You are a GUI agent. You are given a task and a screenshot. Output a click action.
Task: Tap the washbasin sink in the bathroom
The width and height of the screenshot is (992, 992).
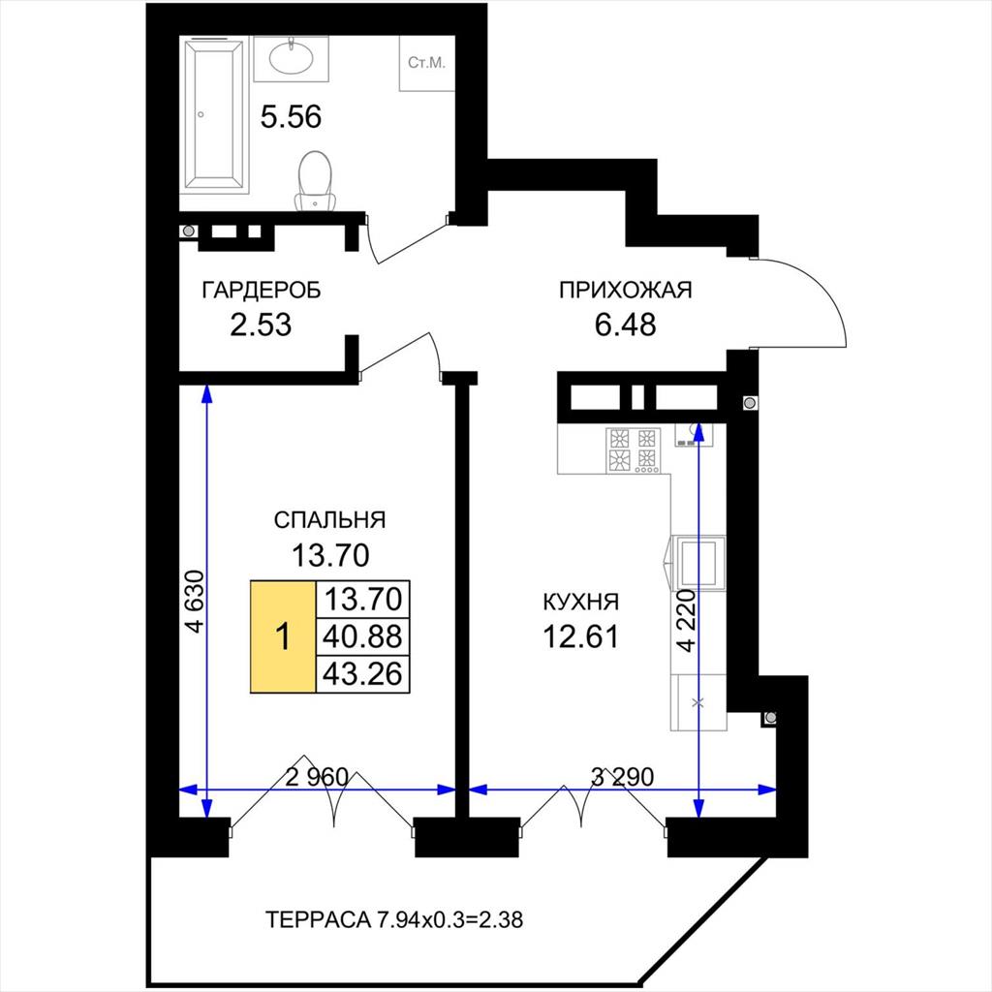point(291,59)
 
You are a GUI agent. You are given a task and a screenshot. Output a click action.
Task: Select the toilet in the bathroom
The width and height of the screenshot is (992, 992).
point(316,179)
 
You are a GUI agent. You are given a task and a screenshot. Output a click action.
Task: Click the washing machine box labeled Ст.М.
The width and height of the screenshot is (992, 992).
point(427,63)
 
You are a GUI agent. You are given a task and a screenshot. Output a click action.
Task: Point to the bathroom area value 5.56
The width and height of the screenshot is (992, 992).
point(291,117)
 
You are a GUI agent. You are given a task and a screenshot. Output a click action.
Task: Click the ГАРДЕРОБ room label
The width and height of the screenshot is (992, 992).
point(262,290)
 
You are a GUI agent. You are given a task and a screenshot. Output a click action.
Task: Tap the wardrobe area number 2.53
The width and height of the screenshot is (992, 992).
point(261,325)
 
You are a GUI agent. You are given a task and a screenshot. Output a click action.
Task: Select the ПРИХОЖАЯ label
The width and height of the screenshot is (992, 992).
point(625,290)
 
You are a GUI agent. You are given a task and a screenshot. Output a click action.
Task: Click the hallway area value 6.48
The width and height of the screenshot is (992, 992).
point(625,325)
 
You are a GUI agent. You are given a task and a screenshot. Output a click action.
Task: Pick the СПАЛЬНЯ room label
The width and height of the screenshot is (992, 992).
point(329,519)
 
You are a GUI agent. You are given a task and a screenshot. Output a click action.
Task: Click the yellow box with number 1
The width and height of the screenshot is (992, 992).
point(283,636)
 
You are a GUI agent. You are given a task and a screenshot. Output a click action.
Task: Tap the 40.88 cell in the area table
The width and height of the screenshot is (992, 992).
point(362,636)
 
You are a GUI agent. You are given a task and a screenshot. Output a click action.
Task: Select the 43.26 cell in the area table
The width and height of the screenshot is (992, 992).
point(362,674)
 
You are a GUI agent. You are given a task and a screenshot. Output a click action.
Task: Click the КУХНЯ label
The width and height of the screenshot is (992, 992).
point(581,602)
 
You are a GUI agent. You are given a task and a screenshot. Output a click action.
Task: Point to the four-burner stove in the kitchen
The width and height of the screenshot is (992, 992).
point(634,450)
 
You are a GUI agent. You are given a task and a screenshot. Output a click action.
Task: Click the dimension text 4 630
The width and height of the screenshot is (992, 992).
point(196,602)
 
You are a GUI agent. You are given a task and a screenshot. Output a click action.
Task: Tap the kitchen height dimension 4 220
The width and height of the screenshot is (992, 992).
point(686,621)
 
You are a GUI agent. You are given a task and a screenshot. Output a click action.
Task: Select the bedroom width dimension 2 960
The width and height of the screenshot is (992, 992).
point(317,777)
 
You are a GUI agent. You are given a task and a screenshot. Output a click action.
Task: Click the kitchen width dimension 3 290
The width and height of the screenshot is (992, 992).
point(622,776)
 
